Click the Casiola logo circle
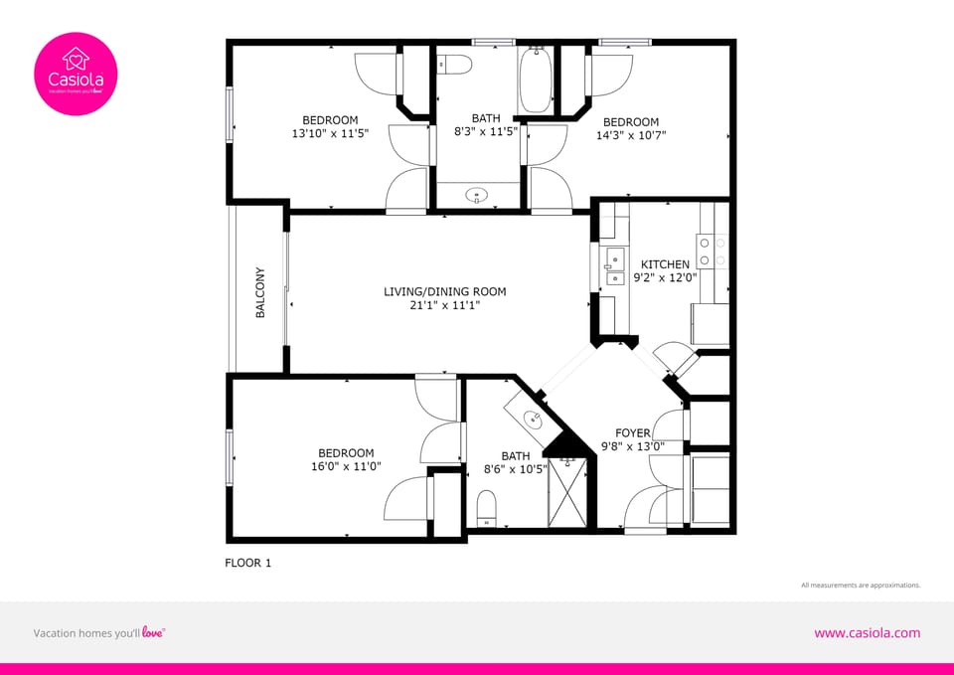coord(76,74)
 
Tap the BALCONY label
coord(260,292)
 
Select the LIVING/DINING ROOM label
coord(445,291)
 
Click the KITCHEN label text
coord(665,264)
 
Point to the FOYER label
coord(633,433)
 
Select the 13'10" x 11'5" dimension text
coord(330,134)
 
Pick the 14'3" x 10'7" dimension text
coord(631,135)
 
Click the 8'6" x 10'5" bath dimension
coord(515,469)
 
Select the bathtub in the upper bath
coord(535,80)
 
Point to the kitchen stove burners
coord(713,251)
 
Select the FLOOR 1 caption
coord(248,563)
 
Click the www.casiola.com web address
coord(867,633)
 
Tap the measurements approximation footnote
coord(861,586)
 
